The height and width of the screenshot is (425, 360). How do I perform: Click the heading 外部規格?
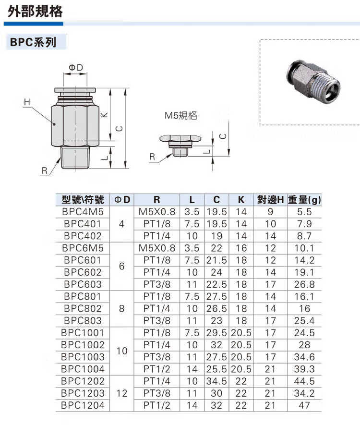[35, 12]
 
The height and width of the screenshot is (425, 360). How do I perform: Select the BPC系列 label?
[33, 42]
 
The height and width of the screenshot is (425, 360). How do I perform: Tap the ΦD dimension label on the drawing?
[76, 68]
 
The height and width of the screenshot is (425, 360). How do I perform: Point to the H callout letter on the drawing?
[27, 102]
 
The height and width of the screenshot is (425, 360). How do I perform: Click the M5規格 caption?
[180, 116]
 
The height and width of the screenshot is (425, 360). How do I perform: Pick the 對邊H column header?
[270, 200]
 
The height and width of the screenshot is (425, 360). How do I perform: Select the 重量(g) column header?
[304, 200]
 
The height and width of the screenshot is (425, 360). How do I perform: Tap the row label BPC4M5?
[83, 212]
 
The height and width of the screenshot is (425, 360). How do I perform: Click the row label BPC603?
[83, 284]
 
